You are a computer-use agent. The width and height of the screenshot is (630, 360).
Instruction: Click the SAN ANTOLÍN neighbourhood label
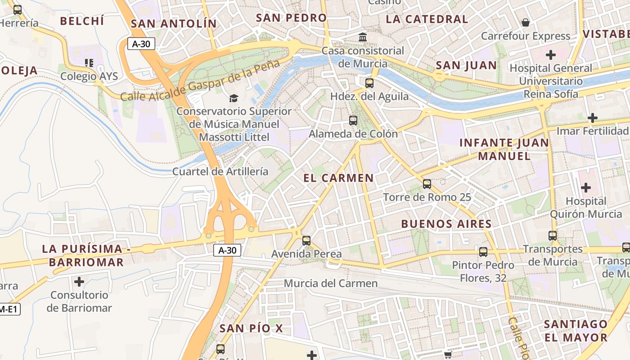173,23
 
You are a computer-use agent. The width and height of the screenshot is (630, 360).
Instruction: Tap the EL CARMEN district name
338,178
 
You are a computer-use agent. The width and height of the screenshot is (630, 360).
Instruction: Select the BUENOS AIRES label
446,224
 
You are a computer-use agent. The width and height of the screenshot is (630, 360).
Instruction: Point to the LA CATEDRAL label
427,19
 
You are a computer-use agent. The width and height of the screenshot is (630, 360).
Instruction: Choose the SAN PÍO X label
251,328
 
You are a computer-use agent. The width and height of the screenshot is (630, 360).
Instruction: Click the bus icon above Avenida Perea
306,240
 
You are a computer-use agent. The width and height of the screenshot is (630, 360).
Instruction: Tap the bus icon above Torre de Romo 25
427,184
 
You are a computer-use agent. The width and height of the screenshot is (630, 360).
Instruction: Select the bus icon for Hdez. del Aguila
369,83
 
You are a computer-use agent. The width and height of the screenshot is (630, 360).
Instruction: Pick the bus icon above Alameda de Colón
353,120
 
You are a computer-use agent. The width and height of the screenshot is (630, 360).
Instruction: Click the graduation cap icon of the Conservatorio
234,98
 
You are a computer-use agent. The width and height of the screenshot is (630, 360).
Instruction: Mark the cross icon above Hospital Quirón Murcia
585,187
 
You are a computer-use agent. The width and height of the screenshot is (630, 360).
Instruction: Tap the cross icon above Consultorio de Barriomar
79,282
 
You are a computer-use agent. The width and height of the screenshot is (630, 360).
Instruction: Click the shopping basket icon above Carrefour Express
525,22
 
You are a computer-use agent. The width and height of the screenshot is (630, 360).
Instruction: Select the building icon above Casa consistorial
363,37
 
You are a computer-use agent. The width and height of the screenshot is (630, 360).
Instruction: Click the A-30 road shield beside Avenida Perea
227,251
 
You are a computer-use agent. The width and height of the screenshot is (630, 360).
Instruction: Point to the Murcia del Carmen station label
331,283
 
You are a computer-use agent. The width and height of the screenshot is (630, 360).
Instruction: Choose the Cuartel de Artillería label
220,171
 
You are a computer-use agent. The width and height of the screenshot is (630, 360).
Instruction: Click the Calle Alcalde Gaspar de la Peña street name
201,81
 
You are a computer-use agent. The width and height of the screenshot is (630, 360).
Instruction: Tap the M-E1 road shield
9,309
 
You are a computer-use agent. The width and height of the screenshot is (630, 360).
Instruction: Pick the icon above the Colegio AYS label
89,63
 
